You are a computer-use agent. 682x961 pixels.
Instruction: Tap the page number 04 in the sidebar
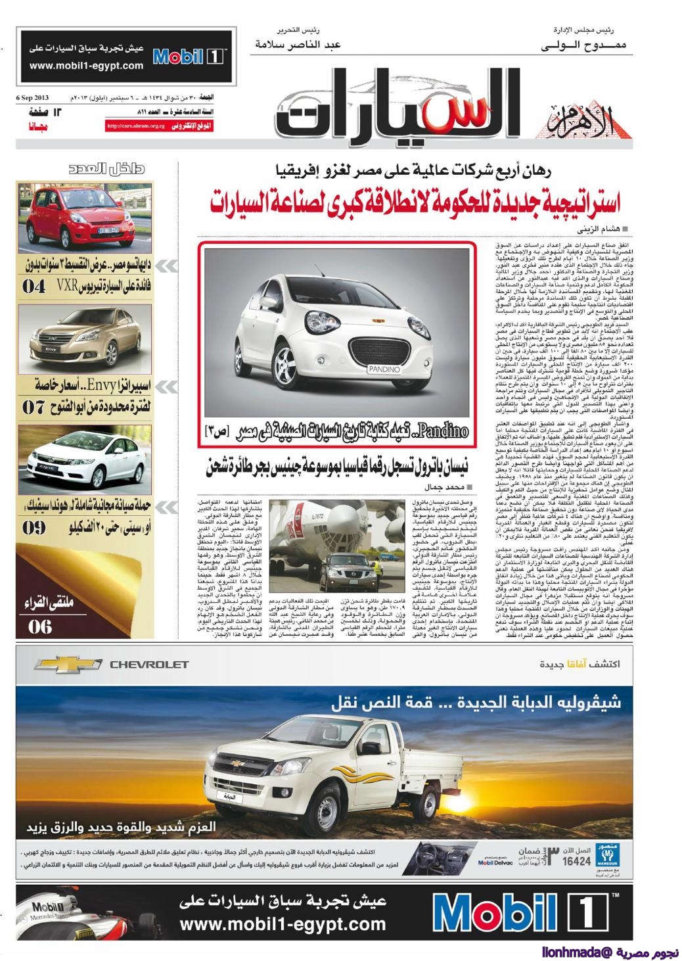pyautogui.click(x=34, y=286)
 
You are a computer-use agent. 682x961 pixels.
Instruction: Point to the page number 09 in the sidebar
pyautogui.click(x=34, y=527)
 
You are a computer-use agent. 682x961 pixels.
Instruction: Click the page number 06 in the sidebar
pyautogui.click(x=39, y=626)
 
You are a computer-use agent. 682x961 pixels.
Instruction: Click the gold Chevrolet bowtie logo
pyautogui.click(x=68, y=665)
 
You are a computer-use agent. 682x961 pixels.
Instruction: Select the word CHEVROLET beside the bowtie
pyautogui.click(x=148, y=665)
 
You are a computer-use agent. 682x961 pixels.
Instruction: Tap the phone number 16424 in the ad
pyautogui.click(x=576, y=860)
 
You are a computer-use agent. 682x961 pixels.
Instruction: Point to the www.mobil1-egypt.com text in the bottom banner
pyautogui.click(x=283, y=924)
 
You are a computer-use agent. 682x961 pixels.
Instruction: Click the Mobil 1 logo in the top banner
pyautogui.click(x=189, y=57)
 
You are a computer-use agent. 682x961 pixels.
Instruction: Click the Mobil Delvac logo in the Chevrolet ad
pyautogui.click(x=494, y=862)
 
